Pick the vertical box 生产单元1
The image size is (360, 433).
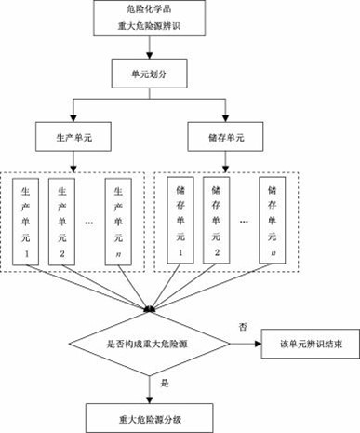27,220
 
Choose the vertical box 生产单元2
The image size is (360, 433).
61,220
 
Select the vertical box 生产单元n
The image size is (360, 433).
119,220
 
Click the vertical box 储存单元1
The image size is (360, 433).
180,220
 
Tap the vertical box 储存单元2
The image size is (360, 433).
216,220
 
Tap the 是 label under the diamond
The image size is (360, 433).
164,383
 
